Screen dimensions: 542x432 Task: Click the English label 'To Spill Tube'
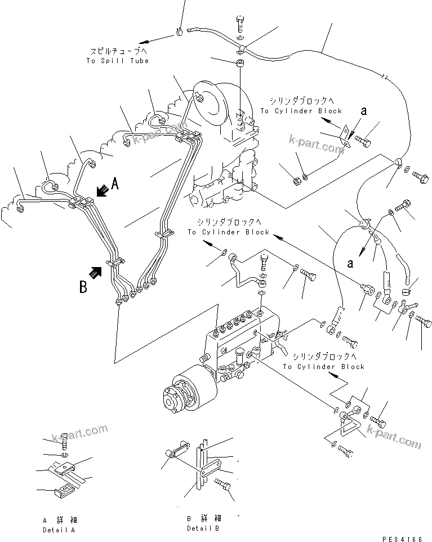pyautogui.click(x=117, y=60)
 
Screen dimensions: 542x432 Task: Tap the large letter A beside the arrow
pyautogui.click(x=115, y=183)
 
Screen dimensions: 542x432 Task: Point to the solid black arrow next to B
pyautogui.click(x=97, y=273)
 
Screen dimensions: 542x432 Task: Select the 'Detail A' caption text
pyautogui.click(x=59, y=530)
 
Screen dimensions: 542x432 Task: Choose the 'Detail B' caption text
pyautogui.click(x=203, y=528)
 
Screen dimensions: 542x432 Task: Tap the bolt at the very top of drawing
pyautogui.click(x=239, y=25)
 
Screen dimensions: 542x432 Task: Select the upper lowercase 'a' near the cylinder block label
pyautogui.click(x=363, y=112)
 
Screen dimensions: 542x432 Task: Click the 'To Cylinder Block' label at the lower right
pyautogui.click(x=323, y=366)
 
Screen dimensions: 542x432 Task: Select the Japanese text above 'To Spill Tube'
pyautogui.click(x=117, y=51)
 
